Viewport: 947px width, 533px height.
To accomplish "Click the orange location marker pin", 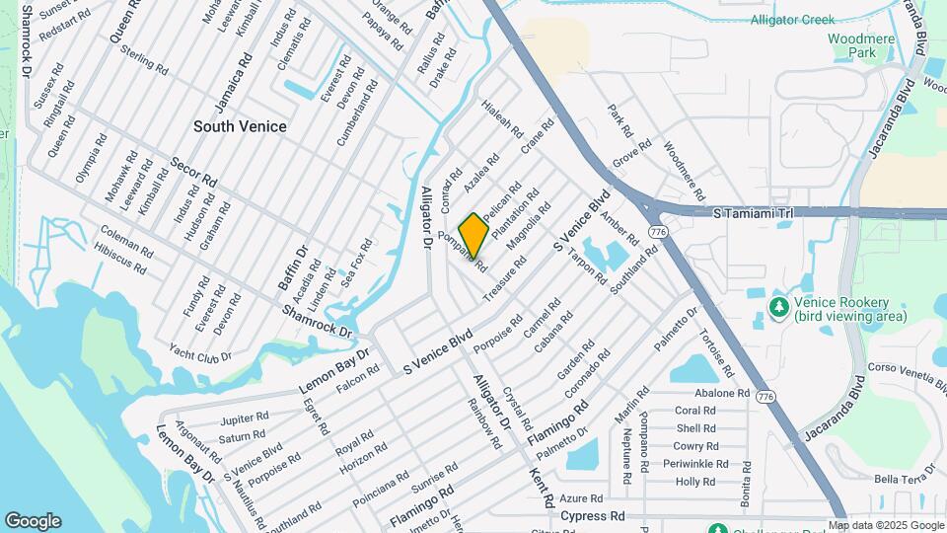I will coord(473,235).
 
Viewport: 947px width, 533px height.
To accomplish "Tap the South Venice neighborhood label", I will coord(240,126).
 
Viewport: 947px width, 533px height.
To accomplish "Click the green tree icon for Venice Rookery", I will coord(779,308).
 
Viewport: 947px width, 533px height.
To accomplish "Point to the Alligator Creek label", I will coord(792,20).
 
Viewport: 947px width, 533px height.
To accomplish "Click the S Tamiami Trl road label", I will coord(753,212).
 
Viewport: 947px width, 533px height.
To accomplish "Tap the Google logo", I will coord(33,521).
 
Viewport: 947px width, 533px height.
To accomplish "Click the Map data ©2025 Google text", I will coord(886,526).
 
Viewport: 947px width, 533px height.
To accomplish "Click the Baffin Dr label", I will coord(293,267).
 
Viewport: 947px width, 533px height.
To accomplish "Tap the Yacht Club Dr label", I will coord(199,355).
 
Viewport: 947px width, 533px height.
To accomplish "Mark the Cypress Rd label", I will coord(593,516).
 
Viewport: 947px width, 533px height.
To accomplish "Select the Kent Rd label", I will coord(541,489).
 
